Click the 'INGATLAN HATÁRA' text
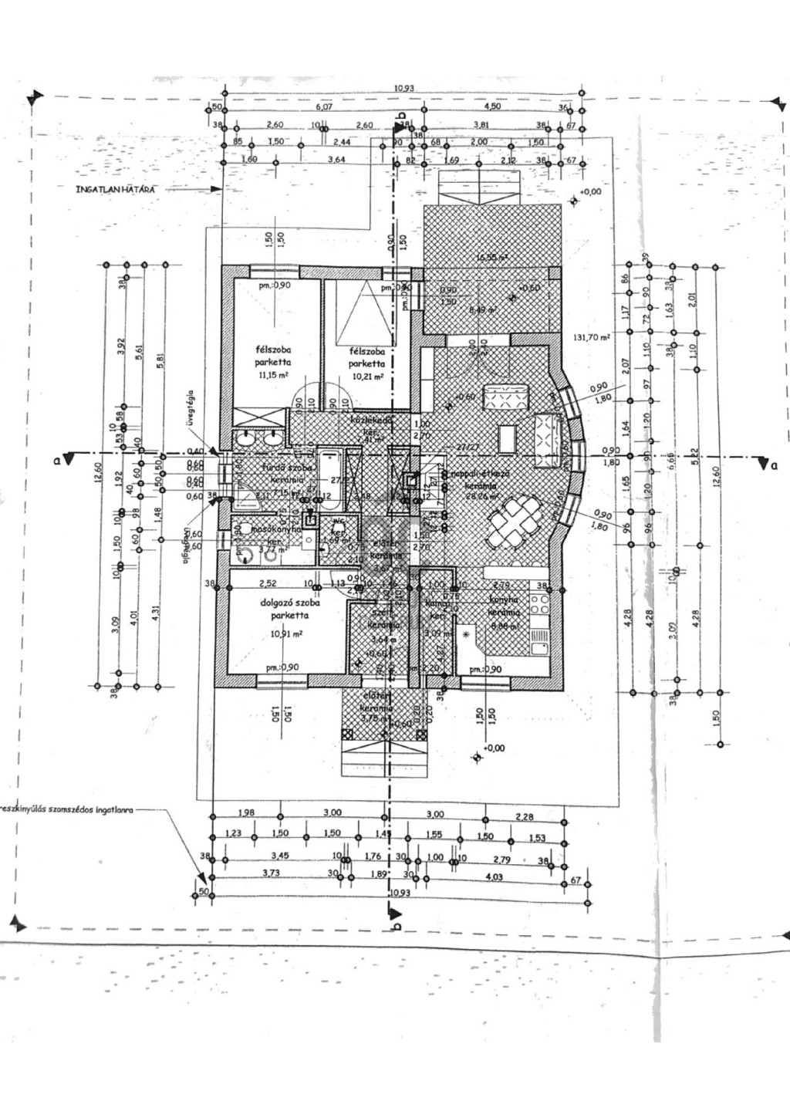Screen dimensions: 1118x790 [116, 188]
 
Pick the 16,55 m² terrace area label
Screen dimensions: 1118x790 [492, 258]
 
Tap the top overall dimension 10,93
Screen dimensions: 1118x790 [403, 89]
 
